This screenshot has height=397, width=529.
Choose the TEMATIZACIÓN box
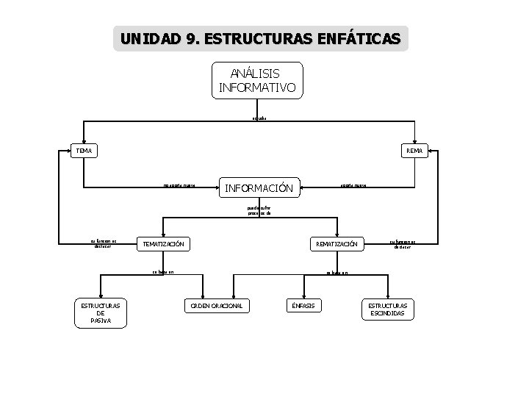click(x=163, y=244)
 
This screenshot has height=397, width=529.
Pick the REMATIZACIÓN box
click(x=337, y=244)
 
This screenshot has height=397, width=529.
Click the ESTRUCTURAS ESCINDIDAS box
click(x=387, y=309)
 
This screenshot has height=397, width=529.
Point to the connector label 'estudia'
click(x=258, y=118)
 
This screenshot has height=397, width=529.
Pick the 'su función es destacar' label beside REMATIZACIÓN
click(x=403, y=244)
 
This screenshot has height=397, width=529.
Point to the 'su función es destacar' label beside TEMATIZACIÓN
click(x=104, y=243)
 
